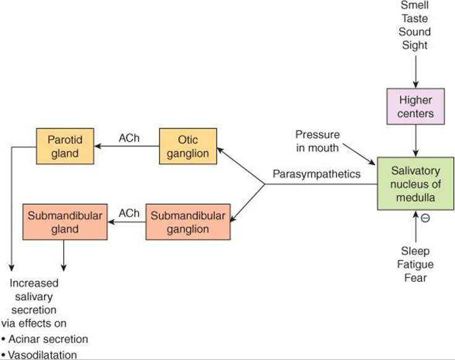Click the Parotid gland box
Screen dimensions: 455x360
pyautogui.click(x=65, y=147)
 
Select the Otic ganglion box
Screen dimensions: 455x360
pyautogui.click(x=188, y=147)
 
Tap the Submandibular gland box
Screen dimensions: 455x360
pyautogui.click(x=65, y=222)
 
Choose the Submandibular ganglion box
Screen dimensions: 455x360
pyautogui.click(x=188, y=222)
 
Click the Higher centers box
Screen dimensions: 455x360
pyautogui.click(x=415, y=106)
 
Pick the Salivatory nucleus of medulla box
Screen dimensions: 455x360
pyautogui.click(x=415, y=184)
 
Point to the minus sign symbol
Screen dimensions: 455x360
pyautogui.click(x=425, y=218)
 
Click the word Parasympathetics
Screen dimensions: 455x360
pyautogui.click(x=317, y=174)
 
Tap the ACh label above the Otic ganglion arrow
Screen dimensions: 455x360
pyautogui.click(x=129, y=138)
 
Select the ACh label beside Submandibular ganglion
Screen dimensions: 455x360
pyautogui.click(x=129, y=213)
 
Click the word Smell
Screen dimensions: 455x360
pyautogui.click(x=415, y=5)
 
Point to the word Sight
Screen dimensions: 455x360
pyautogui.click(x=415, y=45)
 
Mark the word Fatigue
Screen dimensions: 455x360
pyautogui.click(x=415, y=265)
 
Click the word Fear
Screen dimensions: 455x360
pyautogui.click(x=415, y=278)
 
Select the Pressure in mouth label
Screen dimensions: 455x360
pyautogui.click(x=318, y=141)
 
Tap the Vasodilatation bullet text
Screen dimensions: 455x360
pyautogui.click(x=39, y=355)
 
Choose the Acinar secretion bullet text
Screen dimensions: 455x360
pyautogui.click(x=45, y=339)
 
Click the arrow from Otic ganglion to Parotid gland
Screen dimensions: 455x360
pyautogui.click(x=127, y=146)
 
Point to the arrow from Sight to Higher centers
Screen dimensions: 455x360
pyautogui.click(x=416, y=72)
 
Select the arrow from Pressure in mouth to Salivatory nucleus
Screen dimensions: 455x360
pyautogui.click(x=359, y=154)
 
